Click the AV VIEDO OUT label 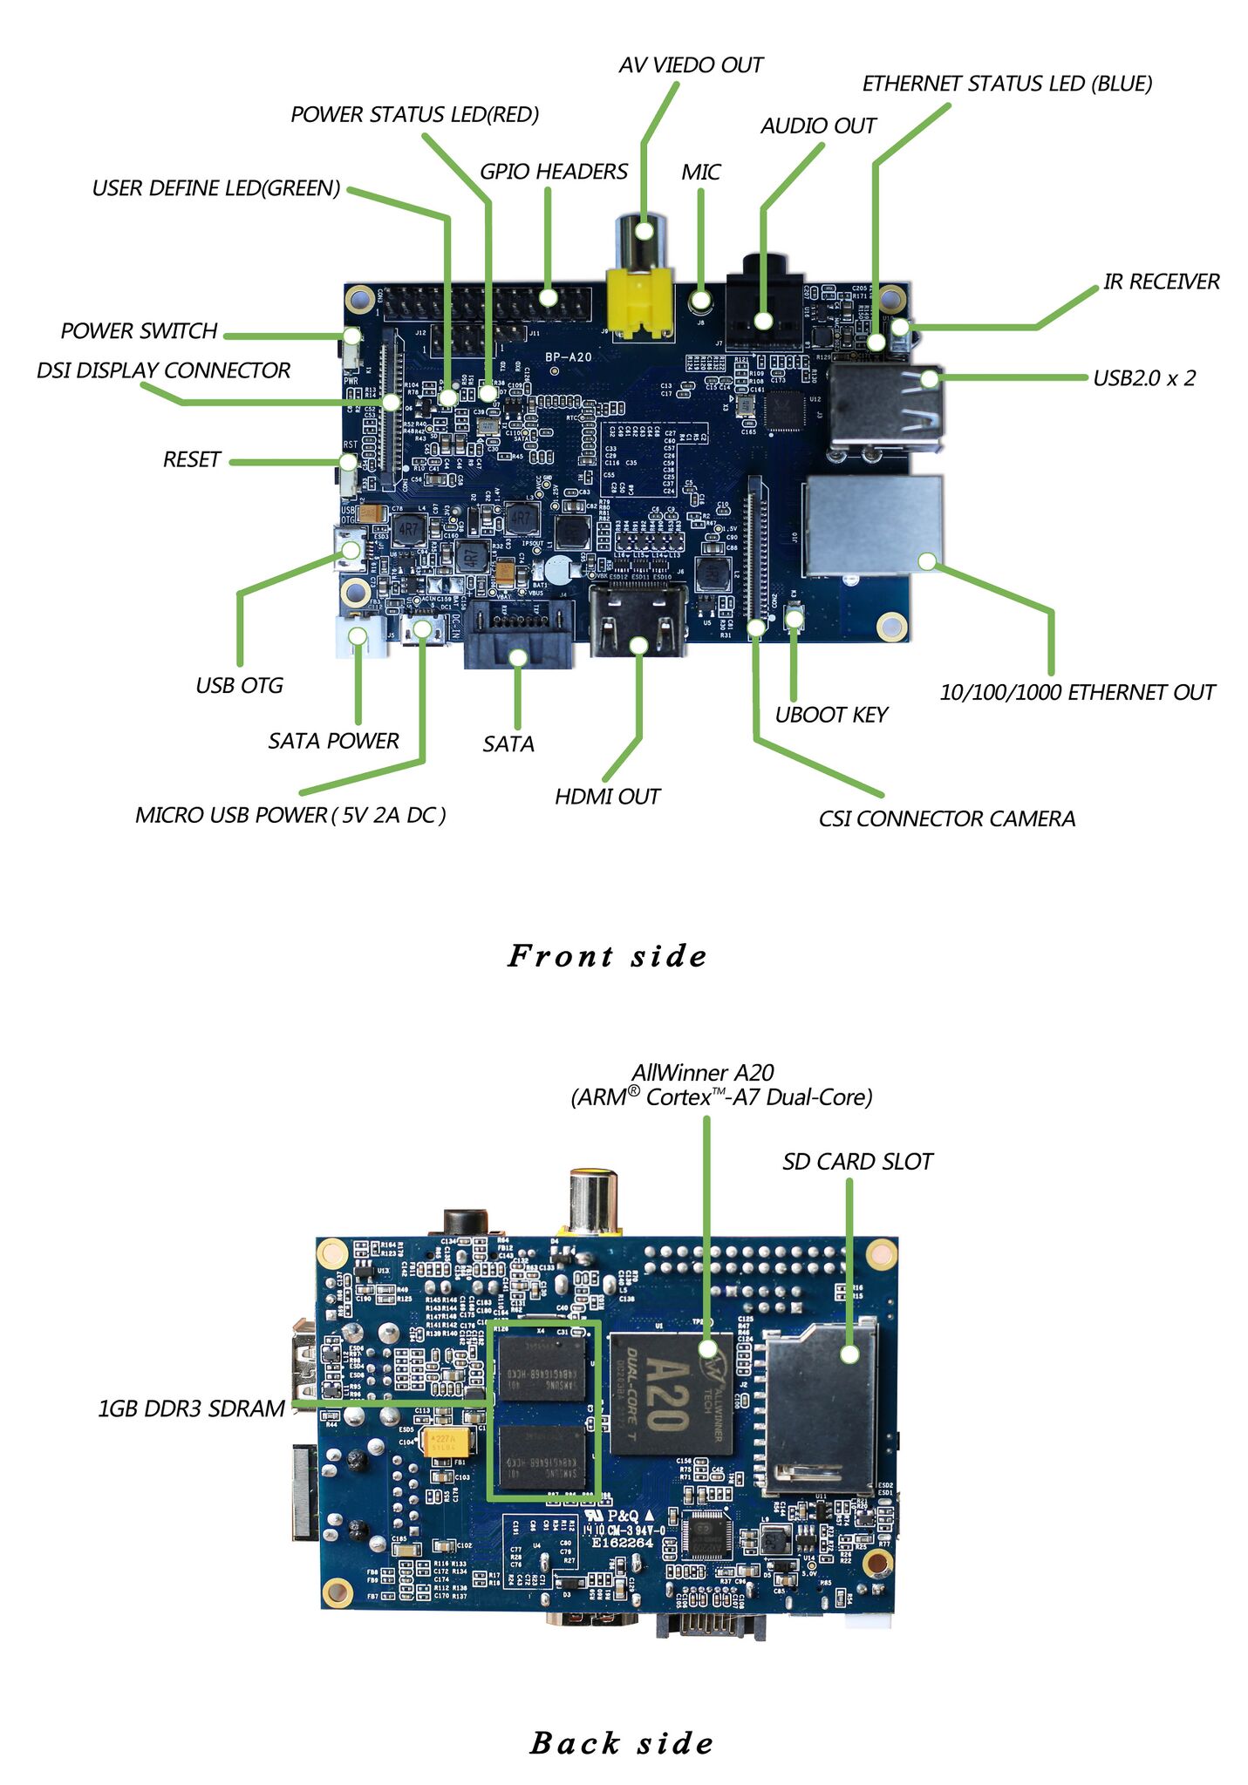tap(690, 65)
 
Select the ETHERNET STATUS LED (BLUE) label tap(1007, 84)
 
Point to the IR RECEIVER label tap(1161, 282)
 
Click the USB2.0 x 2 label tap(1144, 378)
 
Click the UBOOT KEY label tap(830, 715)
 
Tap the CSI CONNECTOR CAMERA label tap(946, 818)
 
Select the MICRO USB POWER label tap(290, 815)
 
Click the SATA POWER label tap(333, 741)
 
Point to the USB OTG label tap(239, 686)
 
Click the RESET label tap(192, 459)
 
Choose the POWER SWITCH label tap(139, 331)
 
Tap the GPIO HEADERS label tap(554, 172)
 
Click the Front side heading tap(607, 956)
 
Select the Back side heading tap(622, 1742)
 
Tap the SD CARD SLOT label tap(857, 1162)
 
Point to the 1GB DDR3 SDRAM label tap(191, 1408)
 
